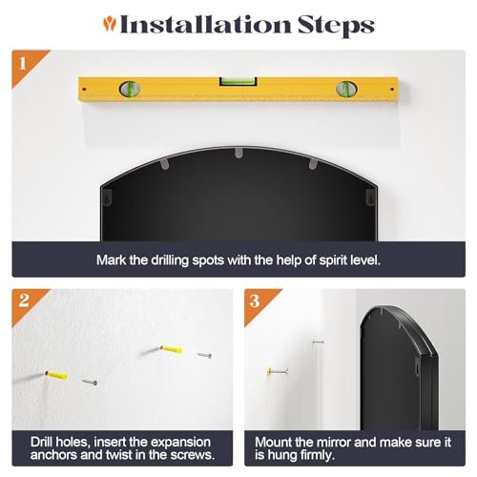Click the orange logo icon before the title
coord(110,24)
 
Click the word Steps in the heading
coord(336,25)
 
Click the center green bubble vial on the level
coord(238,81)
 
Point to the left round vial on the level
coord(130,89)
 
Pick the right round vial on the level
coord(346,89)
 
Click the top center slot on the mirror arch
coord(238,153)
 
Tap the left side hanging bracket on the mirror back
coord(108,197)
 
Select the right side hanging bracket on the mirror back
coord(370,197)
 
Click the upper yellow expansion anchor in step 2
coord(172,349)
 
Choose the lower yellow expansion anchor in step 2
coord(56,375)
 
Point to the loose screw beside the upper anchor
coord(204,355)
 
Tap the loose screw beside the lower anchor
coord(90,383)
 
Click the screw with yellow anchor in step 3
coord(278,371)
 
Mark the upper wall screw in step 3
coord(318,342)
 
